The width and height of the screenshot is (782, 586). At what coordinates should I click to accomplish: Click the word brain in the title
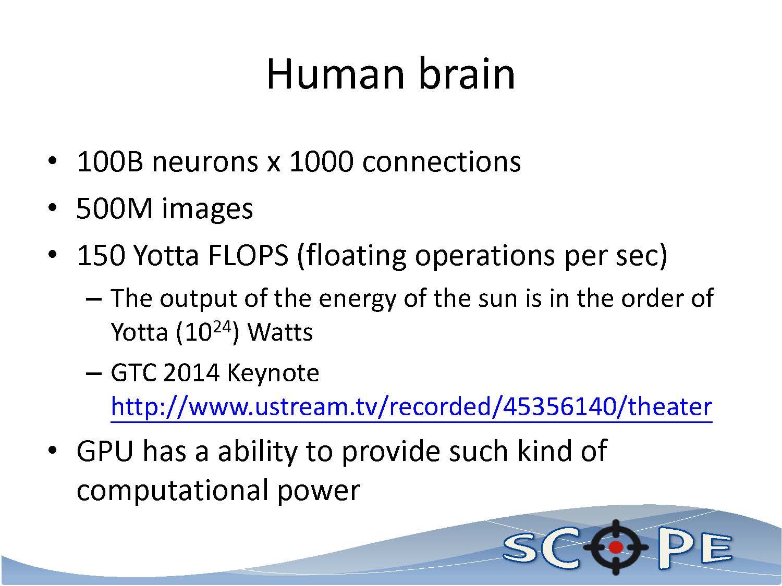[x=467, y=73]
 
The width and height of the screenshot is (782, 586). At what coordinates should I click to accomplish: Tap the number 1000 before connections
[x=321, y=162]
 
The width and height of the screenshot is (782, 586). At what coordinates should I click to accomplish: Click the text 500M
[x=115, y=208]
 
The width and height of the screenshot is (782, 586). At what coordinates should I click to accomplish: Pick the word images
[x=207, y=210]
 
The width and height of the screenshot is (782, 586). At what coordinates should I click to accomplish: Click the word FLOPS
[x=248, y=255]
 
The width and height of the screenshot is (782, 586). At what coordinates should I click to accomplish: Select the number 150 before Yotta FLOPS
[x=101, y=255]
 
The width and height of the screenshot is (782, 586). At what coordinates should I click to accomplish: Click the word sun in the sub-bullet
[x=498, y=298]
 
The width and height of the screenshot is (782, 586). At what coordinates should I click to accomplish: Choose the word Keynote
[x=273, y=373]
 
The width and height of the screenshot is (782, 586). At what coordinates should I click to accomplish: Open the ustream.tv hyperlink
[x=411, y=407]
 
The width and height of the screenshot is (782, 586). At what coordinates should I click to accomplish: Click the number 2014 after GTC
[x=192, y=373]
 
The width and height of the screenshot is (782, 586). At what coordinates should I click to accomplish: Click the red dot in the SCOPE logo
[x=616, y=547]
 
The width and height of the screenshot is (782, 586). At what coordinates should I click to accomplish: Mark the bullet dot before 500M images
[x=52, y=208]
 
